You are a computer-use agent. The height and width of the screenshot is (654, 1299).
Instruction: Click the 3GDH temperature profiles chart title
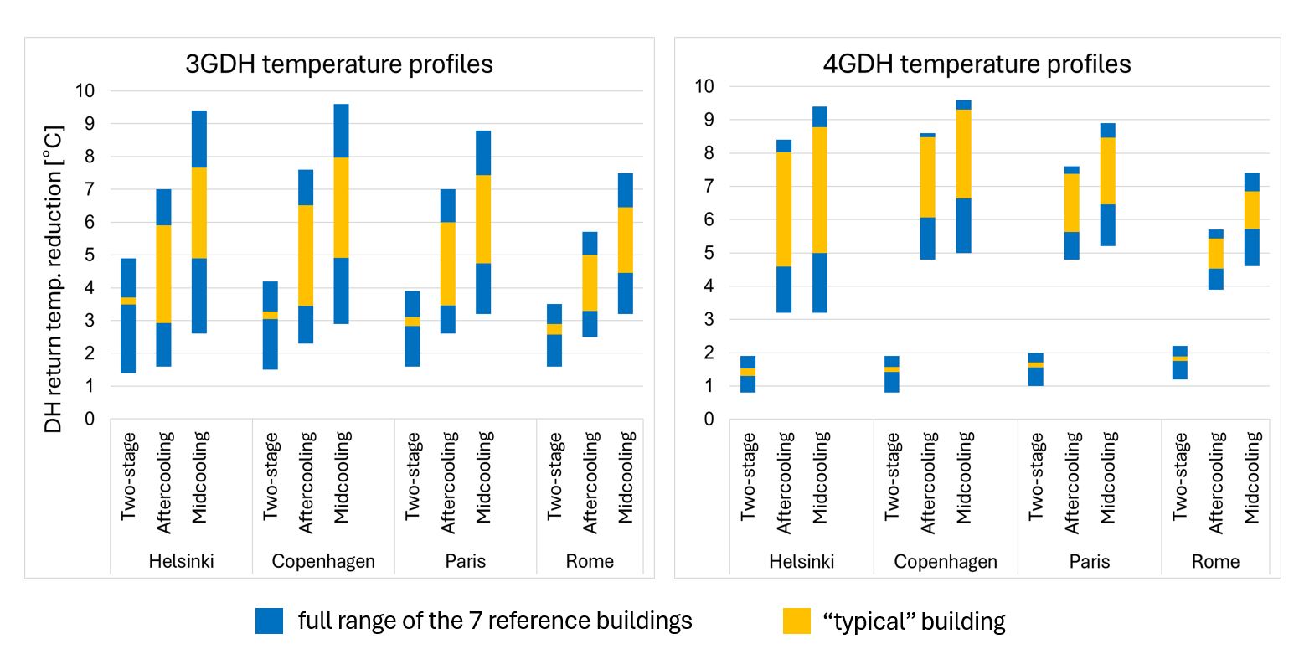click(x=338, y=64)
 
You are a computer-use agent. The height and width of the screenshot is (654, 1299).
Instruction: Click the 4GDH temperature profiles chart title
click(x=977, y=64)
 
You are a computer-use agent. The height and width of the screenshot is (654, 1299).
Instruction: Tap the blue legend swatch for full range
click(x=270, y=621)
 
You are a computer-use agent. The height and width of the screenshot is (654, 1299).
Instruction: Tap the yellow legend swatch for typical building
click(x=796, y=621)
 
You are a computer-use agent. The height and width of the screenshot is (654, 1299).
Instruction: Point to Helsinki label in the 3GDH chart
click(x=181, y=561)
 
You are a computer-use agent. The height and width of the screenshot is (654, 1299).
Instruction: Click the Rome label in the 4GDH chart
click(x=1215, y=561)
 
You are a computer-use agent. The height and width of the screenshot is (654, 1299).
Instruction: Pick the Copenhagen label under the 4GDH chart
click(x=946, y=561)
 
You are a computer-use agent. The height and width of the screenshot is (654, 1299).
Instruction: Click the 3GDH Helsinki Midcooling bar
click(x=199, y=222)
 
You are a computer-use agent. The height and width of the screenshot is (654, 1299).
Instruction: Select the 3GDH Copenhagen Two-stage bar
click(x=271, y=325)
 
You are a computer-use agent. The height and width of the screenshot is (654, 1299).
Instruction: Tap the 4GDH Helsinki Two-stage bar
click(x=748, y=373)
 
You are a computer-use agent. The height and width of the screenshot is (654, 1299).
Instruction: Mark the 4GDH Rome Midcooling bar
click(x=1251, y=219)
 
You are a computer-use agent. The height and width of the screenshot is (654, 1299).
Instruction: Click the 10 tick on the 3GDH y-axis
click(x=86, y=90)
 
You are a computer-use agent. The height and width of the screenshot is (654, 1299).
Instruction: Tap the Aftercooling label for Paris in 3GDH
click(x=449, y=481)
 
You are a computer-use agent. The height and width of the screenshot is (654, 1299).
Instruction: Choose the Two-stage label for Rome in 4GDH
click(x=1179, y=477)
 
